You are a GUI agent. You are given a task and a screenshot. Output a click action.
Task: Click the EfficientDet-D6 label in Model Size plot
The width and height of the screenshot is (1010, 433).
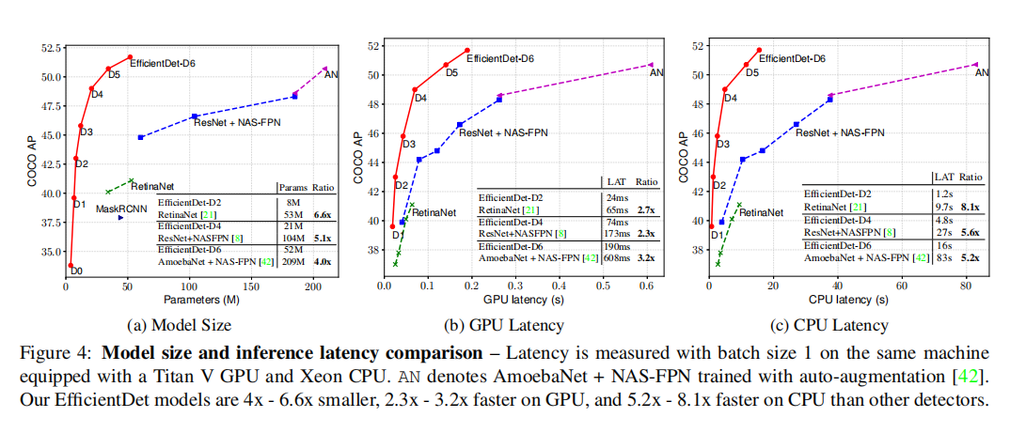point(161,62)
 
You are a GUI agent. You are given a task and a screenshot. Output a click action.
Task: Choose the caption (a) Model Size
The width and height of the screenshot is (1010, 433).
point(180,325)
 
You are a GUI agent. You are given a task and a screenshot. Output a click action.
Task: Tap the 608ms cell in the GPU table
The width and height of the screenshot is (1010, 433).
point(617,256)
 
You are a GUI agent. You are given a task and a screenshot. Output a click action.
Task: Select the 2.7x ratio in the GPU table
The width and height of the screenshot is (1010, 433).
point(648,212)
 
